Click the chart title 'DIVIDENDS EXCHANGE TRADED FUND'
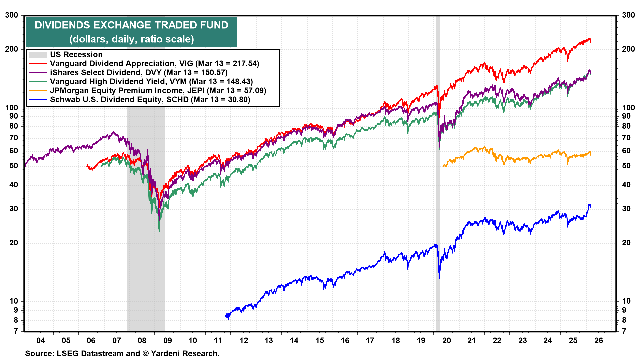[x=131, y=25]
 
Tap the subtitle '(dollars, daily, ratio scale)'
[x=131, y=39]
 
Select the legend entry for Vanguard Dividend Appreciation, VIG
[x=154, y=64]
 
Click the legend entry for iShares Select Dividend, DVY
[x=138, y=73]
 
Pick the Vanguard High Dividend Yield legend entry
[x=151, y=82]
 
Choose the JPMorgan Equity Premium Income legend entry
[x=158, y=91]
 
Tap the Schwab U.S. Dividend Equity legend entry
[x=150, y=100]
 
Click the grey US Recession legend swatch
[x=38, y=55]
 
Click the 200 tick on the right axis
[x=628, y=49]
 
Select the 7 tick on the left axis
[x=15, y=331]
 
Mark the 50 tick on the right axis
[x=626, y=166]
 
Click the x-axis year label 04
[x=41, y=341]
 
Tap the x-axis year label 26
[x=599, y=341]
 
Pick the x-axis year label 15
[x=320, y=341]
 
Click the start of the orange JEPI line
[x=444, y=166]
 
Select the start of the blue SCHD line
[x=226, y=315]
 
